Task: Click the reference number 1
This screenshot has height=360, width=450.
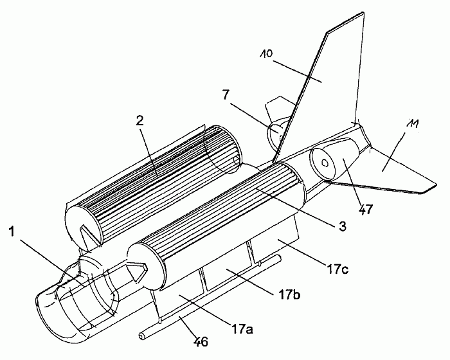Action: coord(11,231)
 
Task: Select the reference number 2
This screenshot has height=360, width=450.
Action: coord(139,121)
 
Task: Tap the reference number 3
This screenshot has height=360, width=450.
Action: coord(342,226)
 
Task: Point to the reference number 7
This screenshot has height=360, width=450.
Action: coord(226,95)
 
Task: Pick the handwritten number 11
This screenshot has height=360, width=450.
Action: coord(412,123)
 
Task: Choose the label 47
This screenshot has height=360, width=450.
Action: coord(365,209)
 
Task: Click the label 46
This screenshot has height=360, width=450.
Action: coord(201,341)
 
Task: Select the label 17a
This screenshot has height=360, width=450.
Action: coord(242,329)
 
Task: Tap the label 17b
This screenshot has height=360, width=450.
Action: coord(289,294)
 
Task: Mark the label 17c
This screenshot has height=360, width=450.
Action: coord(337,269)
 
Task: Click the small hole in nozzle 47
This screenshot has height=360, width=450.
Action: coord(325,163)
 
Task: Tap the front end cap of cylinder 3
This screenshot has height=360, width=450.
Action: coord(146,266)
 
